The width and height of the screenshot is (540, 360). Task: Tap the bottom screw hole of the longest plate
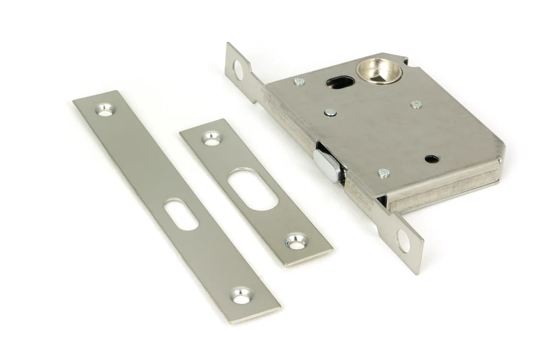click(241, 295)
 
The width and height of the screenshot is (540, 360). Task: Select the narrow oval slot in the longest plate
click(181, 214)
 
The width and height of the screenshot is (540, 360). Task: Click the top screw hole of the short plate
click(211, 138)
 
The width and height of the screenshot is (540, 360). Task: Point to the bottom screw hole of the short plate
click(296, 242)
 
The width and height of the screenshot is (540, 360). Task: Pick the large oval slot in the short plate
click(253, 189)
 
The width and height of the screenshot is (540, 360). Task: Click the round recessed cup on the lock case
click(379, 70)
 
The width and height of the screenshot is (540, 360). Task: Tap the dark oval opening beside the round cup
click(340, 82)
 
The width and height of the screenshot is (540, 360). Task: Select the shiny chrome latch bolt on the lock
click(327, 165)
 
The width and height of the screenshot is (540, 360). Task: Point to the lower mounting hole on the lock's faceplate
click(404, 241)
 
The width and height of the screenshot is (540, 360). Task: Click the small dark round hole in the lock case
click(431, 159)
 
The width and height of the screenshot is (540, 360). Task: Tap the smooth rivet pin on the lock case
click(329, 112)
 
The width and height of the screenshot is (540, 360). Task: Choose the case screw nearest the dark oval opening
click(299, 81)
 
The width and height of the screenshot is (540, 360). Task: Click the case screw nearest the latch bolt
click(384, 173)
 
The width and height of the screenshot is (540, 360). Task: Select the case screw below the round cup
click(416, 104)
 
